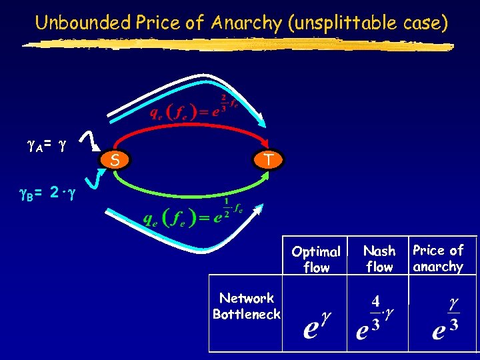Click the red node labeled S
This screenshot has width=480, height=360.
pyautogui.click(x=116, y=160)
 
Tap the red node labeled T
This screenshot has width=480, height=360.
pyautogui.click(x=267, y=159)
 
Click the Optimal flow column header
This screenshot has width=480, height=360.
pyautogui.click(x=315, y=259)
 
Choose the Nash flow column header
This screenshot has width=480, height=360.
pyautogui.click(x=379, y=259)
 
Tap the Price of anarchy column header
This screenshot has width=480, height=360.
pyautogui.click(x=438, y=258)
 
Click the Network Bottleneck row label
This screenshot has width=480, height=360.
pyautogui.click(x=247, y=306)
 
